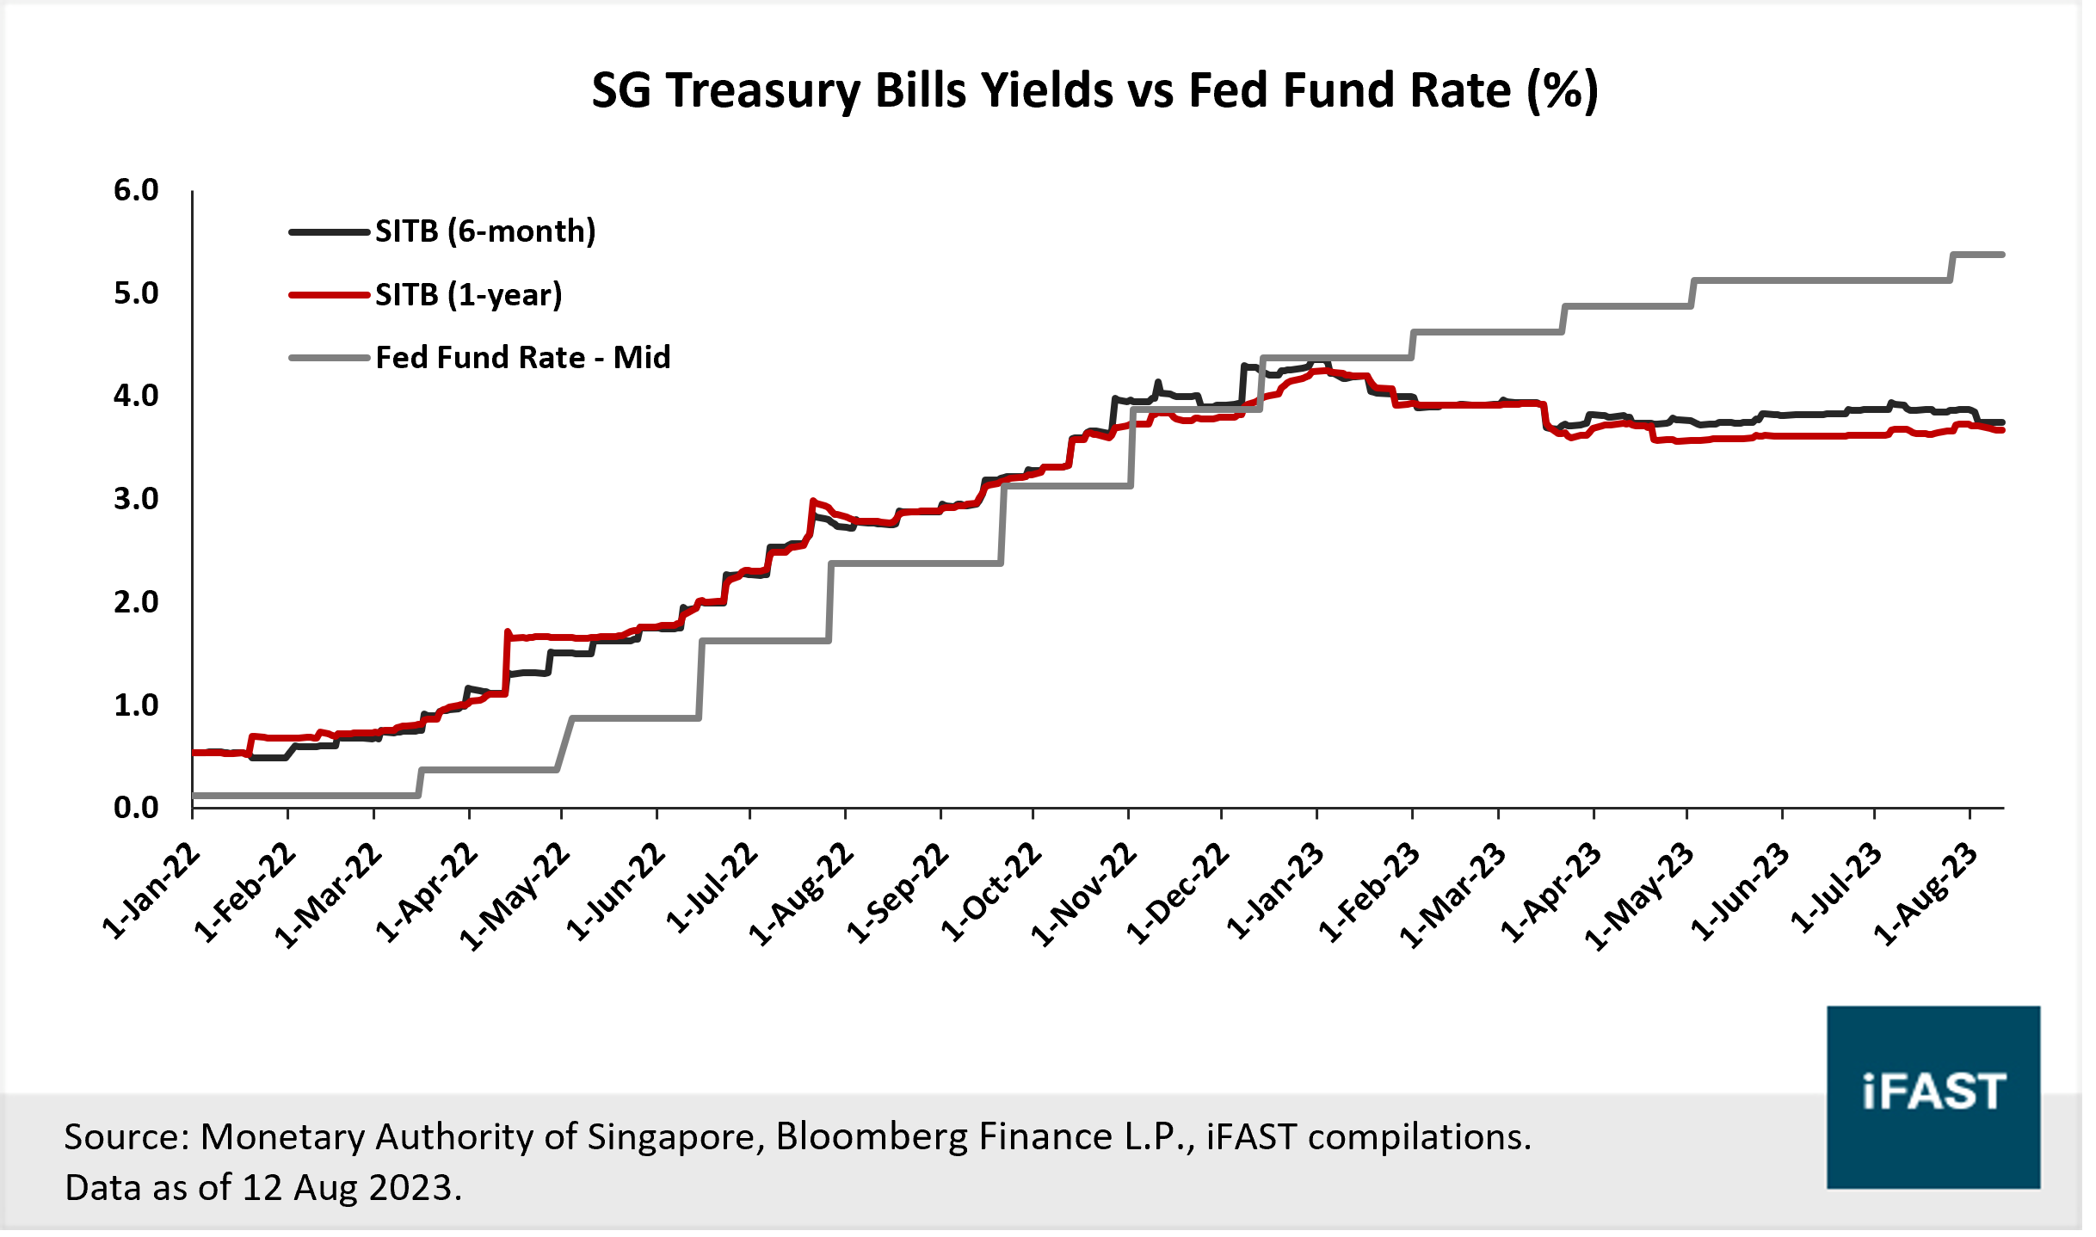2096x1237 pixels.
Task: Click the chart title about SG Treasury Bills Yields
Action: pyautogui.click(x=1094, y=90)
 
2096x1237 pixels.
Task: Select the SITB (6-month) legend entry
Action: pyautogui.click(x=484, y=231)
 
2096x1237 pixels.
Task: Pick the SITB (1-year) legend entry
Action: pyautogui.click(x=468, y=295)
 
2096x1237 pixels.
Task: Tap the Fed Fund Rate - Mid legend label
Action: pyautogui.click(x=522, y=358)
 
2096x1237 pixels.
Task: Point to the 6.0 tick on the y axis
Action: pyautogui.click(x=136, y=190)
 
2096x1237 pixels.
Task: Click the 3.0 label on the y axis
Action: pyautogui.click(x=136, y=499)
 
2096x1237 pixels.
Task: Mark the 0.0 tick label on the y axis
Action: pyautogui.click(x=136, y=808)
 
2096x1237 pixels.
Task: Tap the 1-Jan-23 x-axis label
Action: pyautogui.click(x=1276, y=890)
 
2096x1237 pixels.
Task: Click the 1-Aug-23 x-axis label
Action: pyautogui.click(x=1926, y=894)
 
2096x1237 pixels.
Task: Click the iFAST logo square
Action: pyautogui.click(x=1933, y=1097)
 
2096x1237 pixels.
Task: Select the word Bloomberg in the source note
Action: pyautogui.click(x=871, y=1137)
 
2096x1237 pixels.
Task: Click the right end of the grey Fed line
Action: pyautogui.click(x=2002, y=255)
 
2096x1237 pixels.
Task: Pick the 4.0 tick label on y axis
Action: pyautogui.click(x=136, y=396)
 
